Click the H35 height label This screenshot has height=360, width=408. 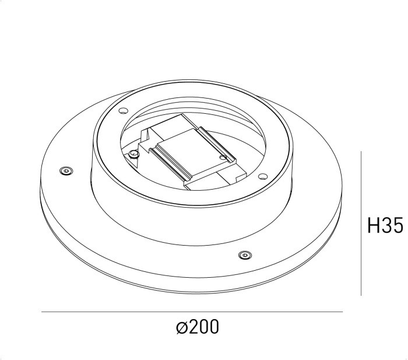click(386, 225)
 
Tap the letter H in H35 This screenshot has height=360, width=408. click(374, 225)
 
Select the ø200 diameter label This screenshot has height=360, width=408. click(198, 327)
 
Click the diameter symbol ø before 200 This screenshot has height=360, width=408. click(181, 328)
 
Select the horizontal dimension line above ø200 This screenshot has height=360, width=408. click(192, 313)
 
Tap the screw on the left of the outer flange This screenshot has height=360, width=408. click(65, 171)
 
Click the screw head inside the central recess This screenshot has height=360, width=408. click(134, 153)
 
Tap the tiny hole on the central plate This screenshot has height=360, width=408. click(223, 156)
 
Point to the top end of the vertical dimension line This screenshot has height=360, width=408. click(362, 152)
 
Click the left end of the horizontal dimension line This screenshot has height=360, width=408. click(42, 313)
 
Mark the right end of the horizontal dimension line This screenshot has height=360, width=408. click(343, 313)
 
